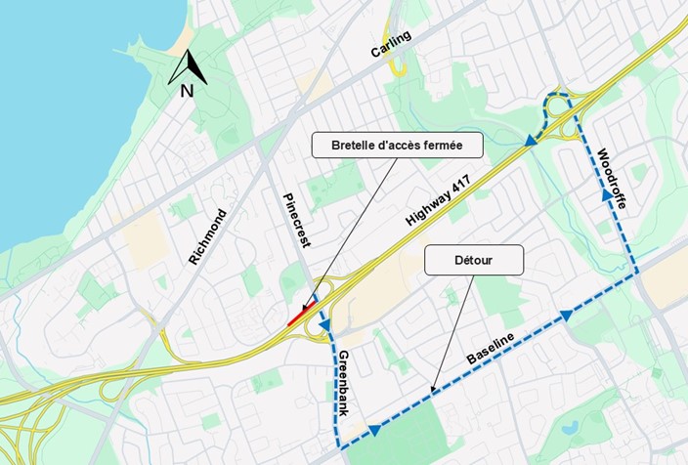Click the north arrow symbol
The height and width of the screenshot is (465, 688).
click(187, 67)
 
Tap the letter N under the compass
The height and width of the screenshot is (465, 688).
click(186, 91)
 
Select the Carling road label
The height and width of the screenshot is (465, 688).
click(391, 45)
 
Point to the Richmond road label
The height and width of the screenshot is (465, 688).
click(207, 237)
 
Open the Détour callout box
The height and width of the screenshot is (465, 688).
click(473, 260)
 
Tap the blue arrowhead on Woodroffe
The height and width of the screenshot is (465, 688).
click(607, 195)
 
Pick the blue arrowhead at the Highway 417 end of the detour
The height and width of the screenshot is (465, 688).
click(530, 142)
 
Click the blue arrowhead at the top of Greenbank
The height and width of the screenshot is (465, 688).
click(324, 324)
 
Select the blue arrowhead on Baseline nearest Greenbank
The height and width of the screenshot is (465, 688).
click(374, 430)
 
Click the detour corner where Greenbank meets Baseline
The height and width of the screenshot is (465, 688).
click(342, 447)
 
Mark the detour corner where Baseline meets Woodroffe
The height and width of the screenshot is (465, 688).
click(637, 274)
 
